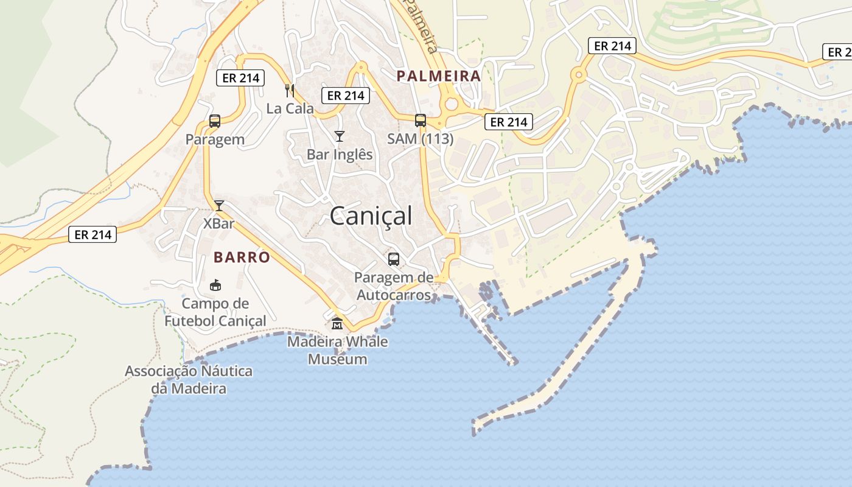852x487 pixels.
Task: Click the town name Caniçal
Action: pyautogui.click(x=371, y=216)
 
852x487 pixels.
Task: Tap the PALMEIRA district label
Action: pyautogui.click(x=438, y=76)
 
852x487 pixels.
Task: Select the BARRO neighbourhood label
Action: pyautogui.click(x=242, y=257)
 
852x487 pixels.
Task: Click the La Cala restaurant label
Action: pyautogui.click(x=290, y=109)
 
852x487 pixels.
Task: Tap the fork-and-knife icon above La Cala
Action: pyautogui.click(x=290, y=91)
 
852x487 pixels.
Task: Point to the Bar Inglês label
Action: pyautogui.click(x=340, y=155)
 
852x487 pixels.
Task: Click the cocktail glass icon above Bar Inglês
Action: pyautogui.click(x=340, y=136)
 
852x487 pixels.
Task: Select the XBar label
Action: pyautogui.click(x=219, y=223)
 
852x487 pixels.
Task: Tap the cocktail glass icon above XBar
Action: pyautogui.click(x=219, y=206)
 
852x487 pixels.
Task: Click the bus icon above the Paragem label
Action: pyautogui.click(x=215, y=121)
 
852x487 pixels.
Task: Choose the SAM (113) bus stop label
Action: pyautogui.click(x=421, y=139)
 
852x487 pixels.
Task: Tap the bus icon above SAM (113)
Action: pyautogui.click(x=421, y=121)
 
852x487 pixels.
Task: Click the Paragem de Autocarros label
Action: pyautogui.click(x=394, y=287)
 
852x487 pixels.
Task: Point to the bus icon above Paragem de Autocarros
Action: pyautogui.click(x=394, y=259)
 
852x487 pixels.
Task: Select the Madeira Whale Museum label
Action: pyautogui.click(x=337, y=350)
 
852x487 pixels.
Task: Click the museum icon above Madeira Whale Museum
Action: pyautogui.click(x=337, y=323)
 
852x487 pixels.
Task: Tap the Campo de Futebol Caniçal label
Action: pyautogui.click(x=215, y=312)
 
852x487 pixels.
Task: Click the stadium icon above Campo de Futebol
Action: pyautogui.click(x=215, y=285)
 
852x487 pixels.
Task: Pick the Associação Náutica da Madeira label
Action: pyautogui.click(x=189, y=379)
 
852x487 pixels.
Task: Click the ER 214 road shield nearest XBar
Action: pyautogui.click(x=92, y=234)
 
